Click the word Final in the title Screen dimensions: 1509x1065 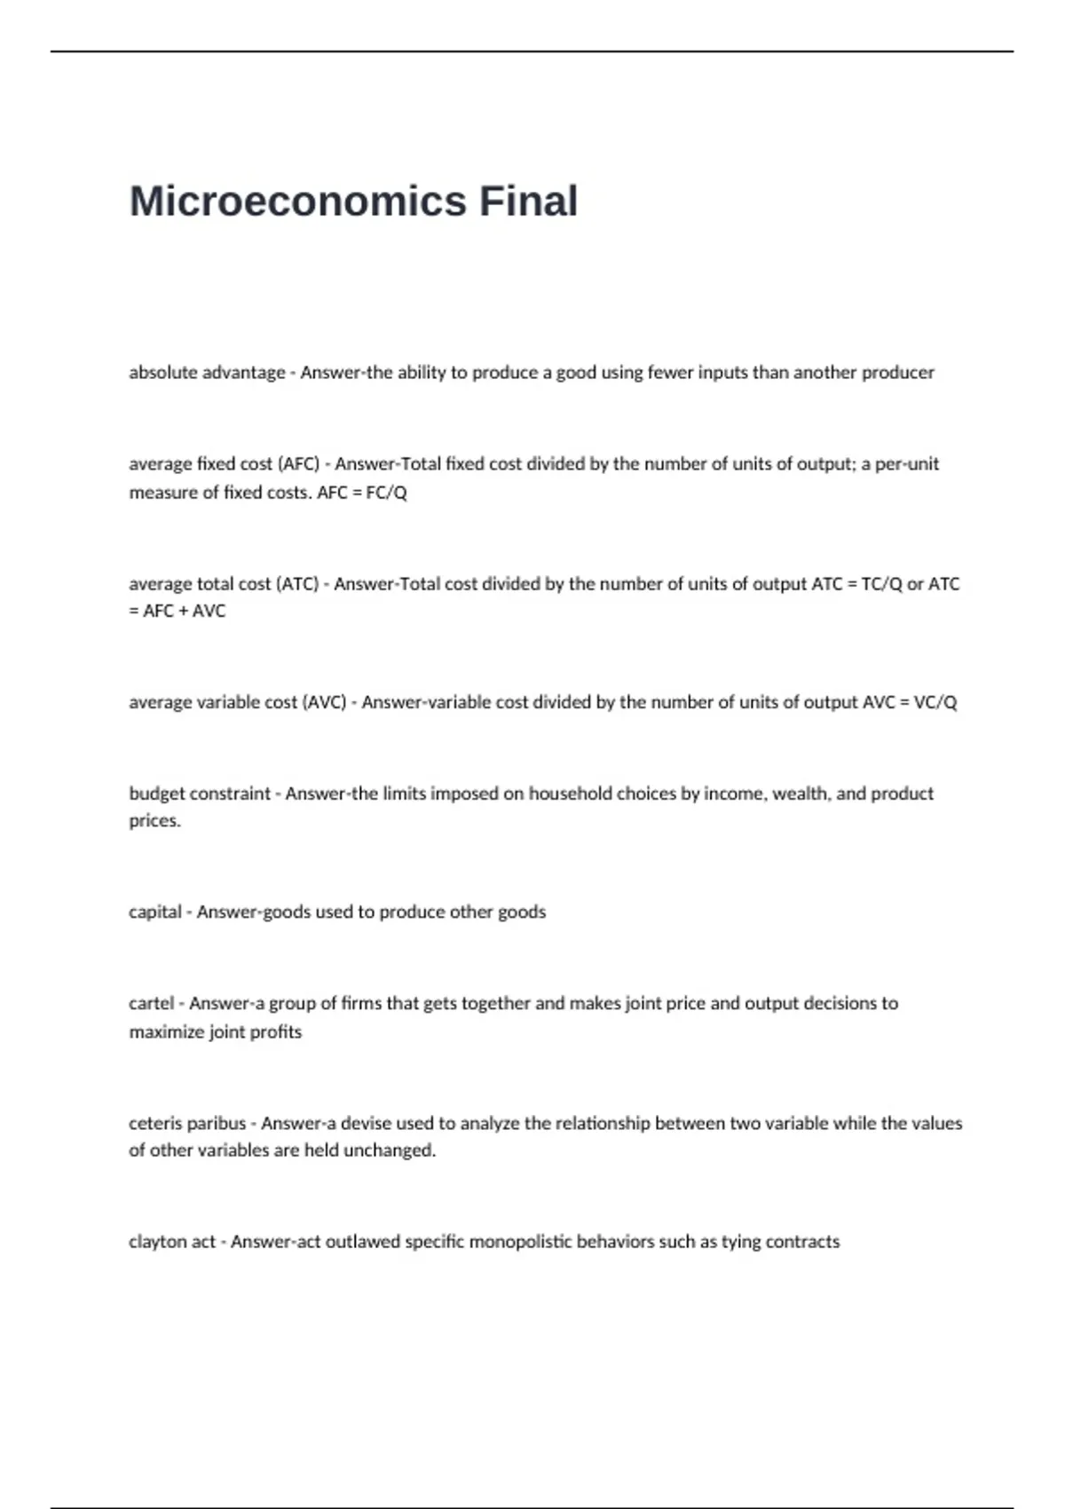click(x=529, y=201)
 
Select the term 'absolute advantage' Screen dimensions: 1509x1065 click(x=207, y=373)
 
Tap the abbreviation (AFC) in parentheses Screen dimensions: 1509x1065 click(x=298, y=464)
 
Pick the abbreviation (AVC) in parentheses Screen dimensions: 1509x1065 click(x=324, y=702)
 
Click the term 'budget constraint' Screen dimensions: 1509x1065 click(x=200, y=794)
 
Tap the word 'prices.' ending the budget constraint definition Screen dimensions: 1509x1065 click(x=154, y=821)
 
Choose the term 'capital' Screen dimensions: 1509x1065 click(x=155, y=913)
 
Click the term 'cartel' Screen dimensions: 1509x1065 click(x=151, y=1004)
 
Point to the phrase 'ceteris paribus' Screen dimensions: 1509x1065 click(x=187, y=1124)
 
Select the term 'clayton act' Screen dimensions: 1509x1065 click(x=172, y=1242)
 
